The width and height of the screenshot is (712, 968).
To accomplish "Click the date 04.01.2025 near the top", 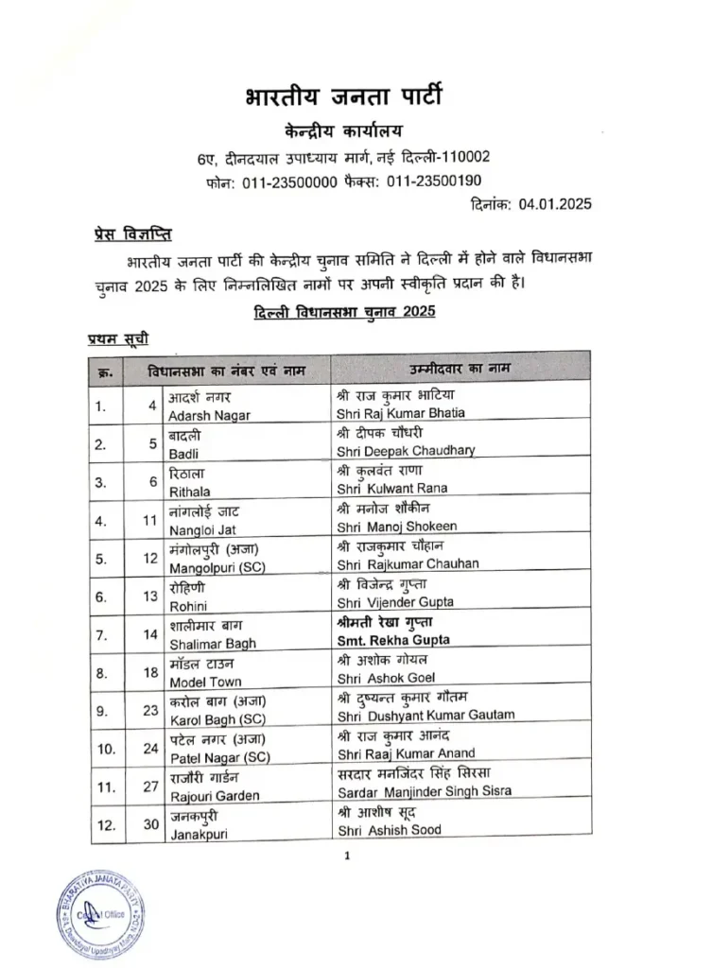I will tap(562, 203).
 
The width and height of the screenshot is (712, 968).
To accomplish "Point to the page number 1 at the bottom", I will tap(348, 857).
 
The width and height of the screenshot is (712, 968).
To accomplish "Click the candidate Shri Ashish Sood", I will tap(388, 830).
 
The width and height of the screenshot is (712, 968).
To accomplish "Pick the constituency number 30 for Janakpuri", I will tap(151, 823).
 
